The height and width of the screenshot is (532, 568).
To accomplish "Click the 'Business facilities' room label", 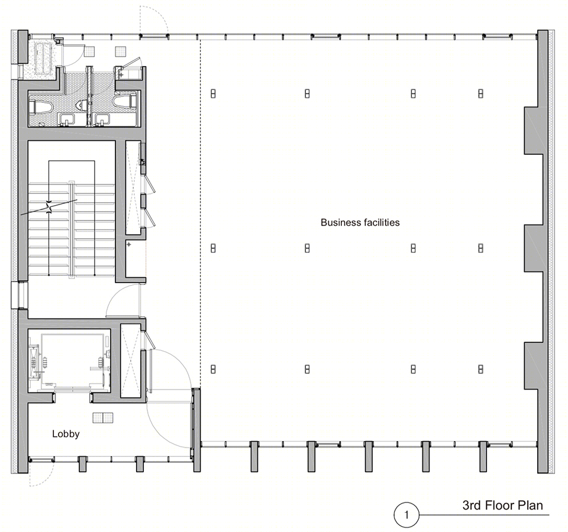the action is click(x=360, y=222).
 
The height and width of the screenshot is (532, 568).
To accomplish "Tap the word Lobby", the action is click(x=66, y=434).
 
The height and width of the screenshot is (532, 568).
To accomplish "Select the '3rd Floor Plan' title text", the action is click(x=502, y=505).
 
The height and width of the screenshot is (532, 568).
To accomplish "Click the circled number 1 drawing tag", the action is click(x=406, y=515).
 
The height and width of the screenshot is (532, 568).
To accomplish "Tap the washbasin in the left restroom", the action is click(x=67, y=119).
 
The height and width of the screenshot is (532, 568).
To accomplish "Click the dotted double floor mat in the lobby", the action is click(x=103, y=418).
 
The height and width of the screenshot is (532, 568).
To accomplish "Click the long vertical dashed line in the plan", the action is click(x=201, y=213).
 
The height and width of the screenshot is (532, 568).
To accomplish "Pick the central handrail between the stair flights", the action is click(x=72, y=229).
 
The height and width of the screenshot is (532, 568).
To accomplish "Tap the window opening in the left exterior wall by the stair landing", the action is click(x=19, y=296).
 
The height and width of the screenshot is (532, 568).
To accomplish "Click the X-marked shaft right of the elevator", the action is click(x=130, y=362).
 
